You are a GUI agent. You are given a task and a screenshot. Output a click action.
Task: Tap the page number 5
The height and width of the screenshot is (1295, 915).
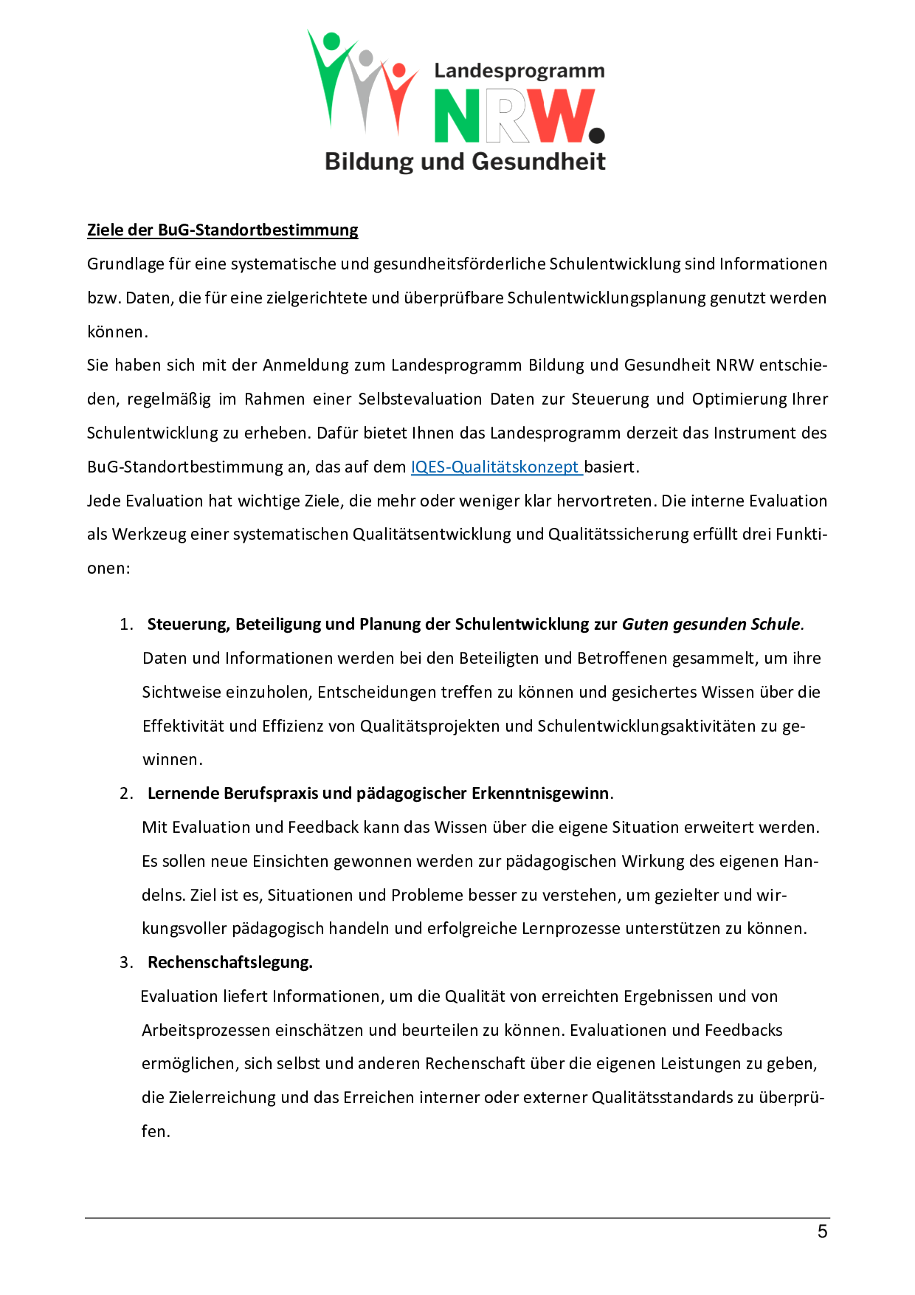coord(822,1232)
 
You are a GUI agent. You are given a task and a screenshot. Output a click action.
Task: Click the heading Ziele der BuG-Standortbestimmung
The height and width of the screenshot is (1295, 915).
coord(222,230)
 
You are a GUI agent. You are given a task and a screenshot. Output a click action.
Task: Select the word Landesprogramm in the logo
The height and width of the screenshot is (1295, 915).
coord(519,71)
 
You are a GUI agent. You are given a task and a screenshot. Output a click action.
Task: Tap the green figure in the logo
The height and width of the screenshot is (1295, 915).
coord(330,74)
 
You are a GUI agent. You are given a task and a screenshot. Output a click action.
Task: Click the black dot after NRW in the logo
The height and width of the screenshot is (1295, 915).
coord(597,135)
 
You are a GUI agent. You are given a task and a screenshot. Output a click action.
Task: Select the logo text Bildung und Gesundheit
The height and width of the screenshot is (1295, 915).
coord(465,161)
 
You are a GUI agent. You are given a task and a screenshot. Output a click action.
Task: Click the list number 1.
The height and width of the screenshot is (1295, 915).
coord(126,625)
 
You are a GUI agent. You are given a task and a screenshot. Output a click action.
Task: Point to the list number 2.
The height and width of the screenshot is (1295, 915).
coord(126,794)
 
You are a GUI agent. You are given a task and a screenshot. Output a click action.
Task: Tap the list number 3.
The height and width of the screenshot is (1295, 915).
coord(126,963)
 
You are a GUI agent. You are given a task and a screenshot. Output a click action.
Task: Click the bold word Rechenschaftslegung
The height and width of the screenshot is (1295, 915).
coord(229,963)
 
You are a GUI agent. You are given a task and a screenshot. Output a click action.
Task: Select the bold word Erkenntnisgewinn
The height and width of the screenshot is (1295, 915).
coord(540,794)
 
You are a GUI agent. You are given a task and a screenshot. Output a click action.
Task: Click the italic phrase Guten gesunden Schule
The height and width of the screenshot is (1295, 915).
coord(711,625)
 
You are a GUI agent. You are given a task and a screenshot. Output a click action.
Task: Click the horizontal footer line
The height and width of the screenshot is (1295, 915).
coord(457,1217)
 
